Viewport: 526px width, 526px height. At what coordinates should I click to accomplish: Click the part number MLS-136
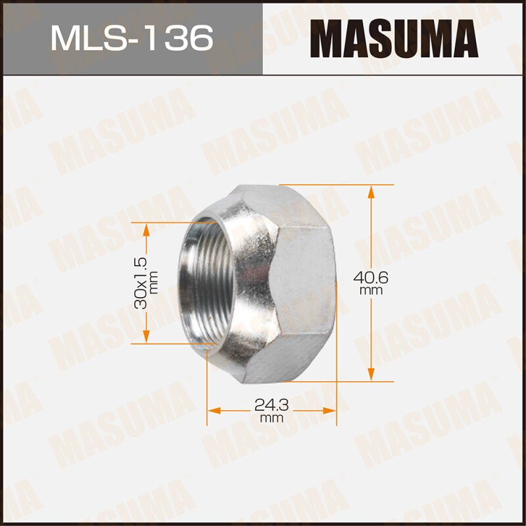pos(131,38)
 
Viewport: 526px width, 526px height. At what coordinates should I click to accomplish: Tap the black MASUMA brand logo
pos(394,38)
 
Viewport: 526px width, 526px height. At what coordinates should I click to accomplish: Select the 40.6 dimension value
pos(371,277)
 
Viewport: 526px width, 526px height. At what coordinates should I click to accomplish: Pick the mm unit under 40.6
pos(371,290)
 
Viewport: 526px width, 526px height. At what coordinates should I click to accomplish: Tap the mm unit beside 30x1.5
pos(155,283)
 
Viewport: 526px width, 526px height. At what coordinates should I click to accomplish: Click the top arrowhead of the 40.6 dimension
pos(371,191)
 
